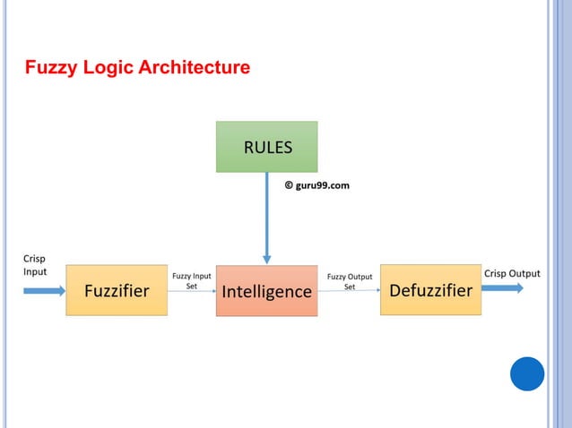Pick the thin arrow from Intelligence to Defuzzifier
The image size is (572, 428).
[x=350, y=290]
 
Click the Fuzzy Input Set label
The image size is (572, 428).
[x=192, y=281]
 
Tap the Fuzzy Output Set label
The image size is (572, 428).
[x=350, y=281]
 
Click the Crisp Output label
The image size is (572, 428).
[x=512, y=273]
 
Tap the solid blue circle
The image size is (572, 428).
[x=527, y=373]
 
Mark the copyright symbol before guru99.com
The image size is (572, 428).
[x=289, y=185]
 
